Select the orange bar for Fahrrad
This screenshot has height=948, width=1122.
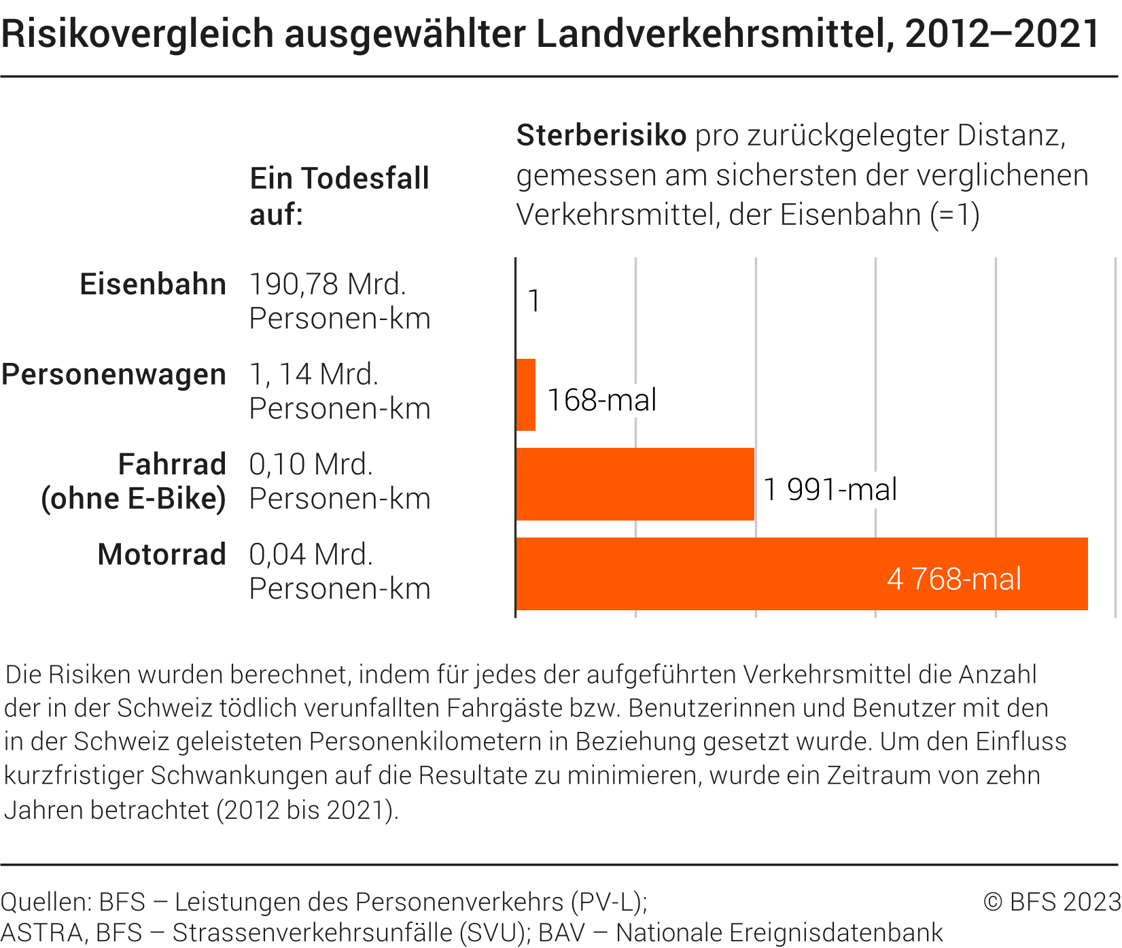pyautogui.click(x=635, y=484)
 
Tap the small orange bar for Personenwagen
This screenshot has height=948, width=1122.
pyautogui.click(x=525, y=395)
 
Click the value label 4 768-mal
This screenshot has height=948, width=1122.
pyautogui.click(x=953, y=579)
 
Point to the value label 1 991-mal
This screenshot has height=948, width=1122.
pyautogui.click(x=830, y=489)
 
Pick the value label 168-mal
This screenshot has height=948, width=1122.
pyautogui.click(x=601, y=400)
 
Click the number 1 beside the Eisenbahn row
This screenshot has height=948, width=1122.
pyautogui.click(x=534, y=301)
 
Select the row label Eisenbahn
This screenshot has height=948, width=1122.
pyautogui.click(x=153, y=284)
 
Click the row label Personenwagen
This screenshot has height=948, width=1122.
pyautogui.click(x=113, y=374)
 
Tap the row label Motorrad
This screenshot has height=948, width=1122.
pyautogui.click(x=162, y=555)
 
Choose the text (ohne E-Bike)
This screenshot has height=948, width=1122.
pyautogui.click(x=133, y=499)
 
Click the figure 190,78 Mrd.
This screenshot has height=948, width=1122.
pyautogui.click(x=328, y=284)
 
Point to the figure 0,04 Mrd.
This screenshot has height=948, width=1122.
pyautogui.click(x=311, y=555)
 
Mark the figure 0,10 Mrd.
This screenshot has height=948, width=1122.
pyautogui.click(x=311, y=465)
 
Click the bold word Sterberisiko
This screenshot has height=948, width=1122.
pyautogui.click(x=601, y=135)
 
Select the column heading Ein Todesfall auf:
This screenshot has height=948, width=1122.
pyautogui.click(x=339, y=196)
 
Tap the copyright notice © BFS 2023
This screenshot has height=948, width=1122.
pyautogui.click(x=1051, y=902)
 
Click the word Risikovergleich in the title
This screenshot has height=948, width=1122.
pyautogui.click(x=137, y=34)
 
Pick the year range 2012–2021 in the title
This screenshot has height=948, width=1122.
pyautogui.click(x=1002, y=34)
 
